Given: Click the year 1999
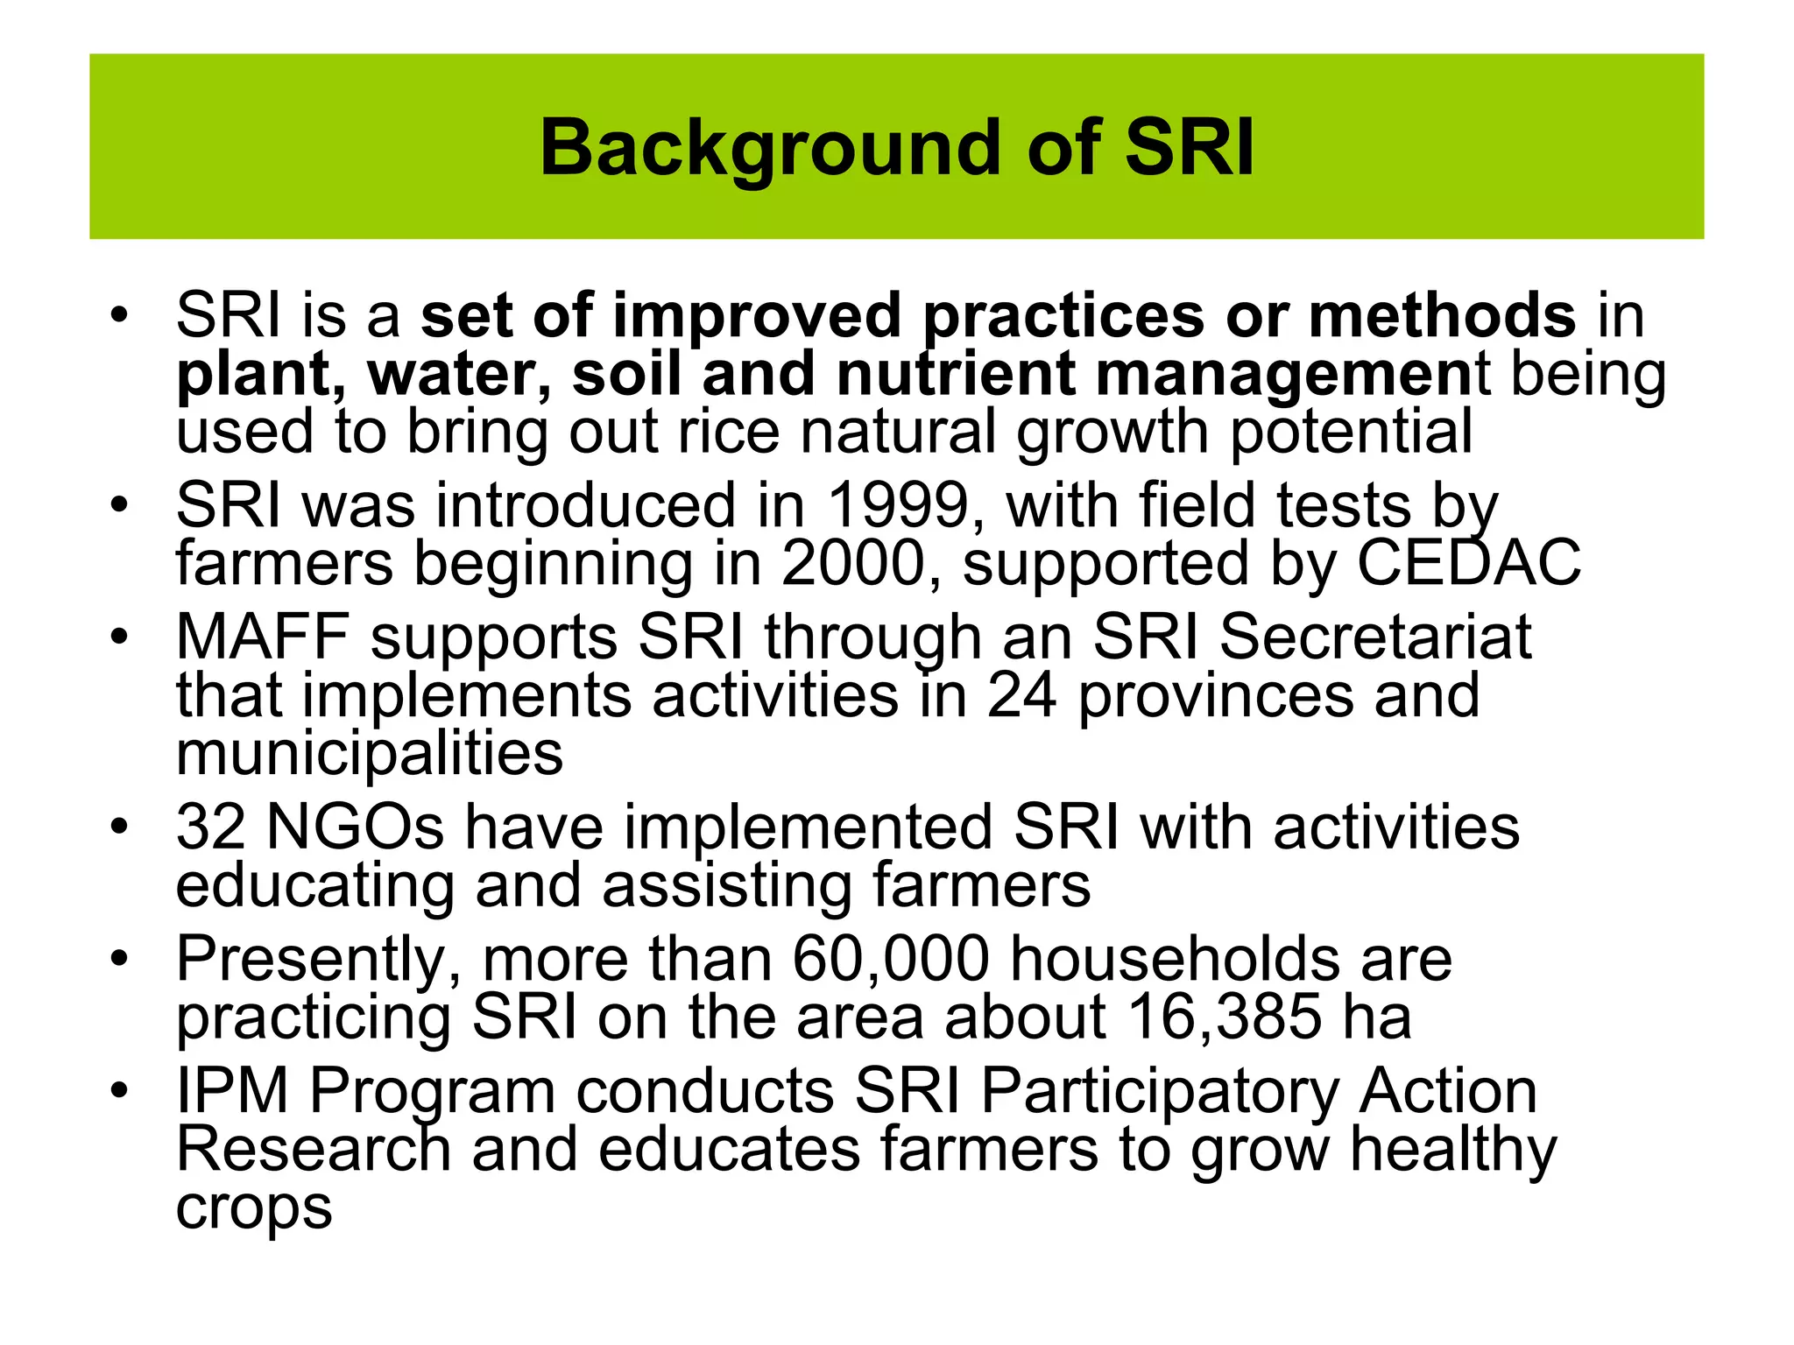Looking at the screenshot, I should [x=898, y=506].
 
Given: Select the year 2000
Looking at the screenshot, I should [x=854, y=564].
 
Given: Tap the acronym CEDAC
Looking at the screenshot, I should [x=1469, y=564].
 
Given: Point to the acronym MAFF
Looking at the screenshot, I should [x=263, y=637].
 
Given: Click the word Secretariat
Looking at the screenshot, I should [x=1375, y=637].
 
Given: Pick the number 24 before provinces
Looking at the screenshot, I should [x=1021, y=696].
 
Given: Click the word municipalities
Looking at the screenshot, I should [x=369, y=754].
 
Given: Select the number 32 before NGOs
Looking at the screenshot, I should [x=210, y=827].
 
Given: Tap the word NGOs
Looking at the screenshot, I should [x=355, y=827].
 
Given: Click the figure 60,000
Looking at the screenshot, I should [x=891, y=960].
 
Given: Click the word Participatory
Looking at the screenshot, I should [x=1160, y=1093].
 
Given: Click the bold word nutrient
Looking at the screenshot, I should [x=955, y=374].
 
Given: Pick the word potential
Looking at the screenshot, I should [x=1352, y=432].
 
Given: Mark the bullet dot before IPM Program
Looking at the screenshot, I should [x=120, y=1091].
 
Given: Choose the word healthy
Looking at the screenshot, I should [x=1453, y=1151].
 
